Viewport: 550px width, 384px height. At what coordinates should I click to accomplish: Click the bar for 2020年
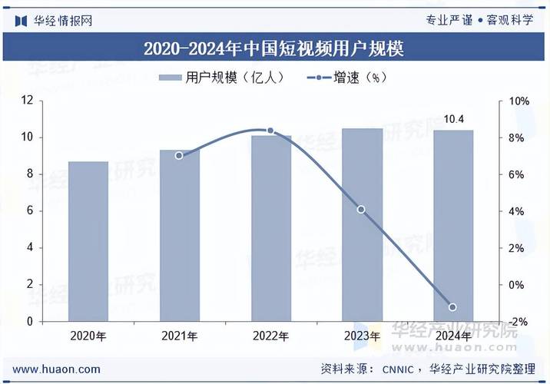coord(88,241)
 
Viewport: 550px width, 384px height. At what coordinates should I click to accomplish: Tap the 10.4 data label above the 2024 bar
coord(454,119)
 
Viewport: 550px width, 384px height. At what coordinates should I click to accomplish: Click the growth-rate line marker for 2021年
coord(179,155)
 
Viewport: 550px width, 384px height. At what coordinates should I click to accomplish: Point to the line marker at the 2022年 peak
coord(270,131)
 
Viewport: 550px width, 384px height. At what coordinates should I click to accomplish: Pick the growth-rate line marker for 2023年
coord(361,210)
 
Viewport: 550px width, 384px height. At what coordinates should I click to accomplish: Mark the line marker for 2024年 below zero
coord(453,307)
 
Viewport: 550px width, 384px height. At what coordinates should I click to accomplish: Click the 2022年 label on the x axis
coord(270,336)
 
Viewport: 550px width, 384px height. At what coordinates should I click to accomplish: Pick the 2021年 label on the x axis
coord(179,336)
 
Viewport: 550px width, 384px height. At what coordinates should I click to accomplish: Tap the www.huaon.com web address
coord(56,369)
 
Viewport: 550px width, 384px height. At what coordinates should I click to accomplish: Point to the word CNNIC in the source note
coord(400,369)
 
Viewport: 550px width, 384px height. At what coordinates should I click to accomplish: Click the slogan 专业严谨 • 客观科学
coord(479,20)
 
